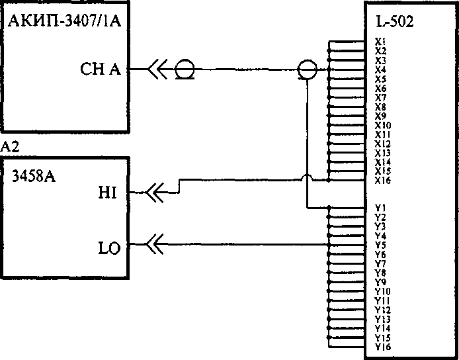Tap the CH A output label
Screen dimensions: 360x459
coord(100,69)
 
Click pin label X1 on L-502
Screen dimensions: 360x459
coord(380,42)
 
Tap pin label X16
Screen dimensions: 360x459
coord(382,180)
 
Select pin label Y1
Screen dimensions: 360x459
coord(380,208)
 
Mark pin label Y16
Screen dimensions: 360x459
coord(382,347)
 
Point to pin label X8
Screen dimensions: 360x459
coord(380,107)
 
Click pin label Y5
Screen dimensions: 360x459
coord(380,245)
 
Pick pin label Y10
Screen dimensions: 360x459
coord(382,291)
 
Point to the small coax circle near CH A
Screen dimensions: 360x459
coord(185,69)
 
